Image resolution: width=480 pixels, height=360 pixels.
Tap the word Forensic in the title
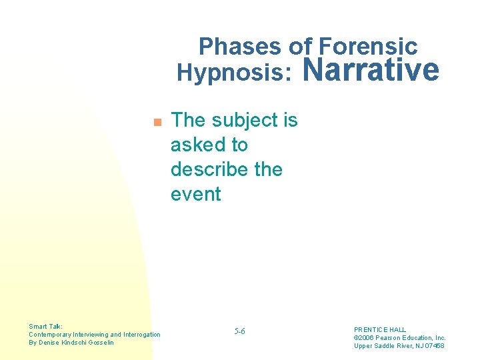(368, 46)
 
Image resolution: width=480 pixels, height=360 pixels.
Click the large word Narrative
(372, 69)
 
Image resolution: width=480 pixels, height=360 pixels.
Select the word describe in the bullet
(209, 169)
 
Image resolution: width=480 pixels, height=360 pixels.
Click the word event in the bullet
(195, 194)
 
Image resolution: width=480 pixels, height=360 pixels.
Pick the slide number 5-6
(240, 331)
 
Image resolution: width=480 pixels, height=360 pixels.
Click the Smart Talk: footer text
(46, 326)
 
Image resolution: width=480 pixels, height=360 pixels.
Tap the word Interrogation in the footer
(139, 334)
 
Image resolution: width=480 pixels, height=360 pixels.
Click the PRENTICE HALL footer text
(379, 329)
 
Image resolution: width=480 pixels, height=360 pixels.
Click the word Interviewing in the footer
(87, 334)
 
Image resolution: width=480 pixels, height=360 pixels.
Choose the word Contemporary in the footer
(47, 334)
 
